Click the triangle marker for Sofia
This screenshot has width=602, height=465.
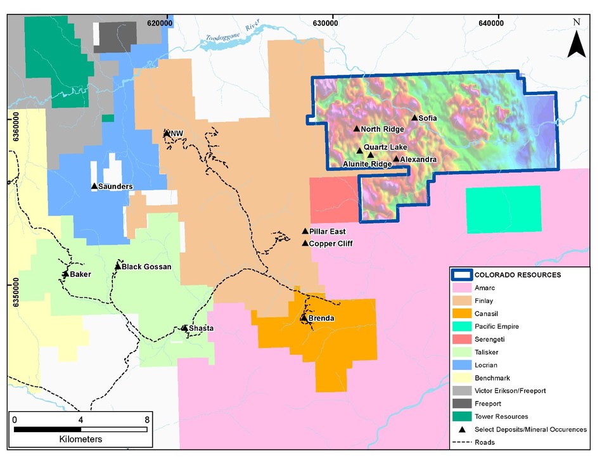[415, 118]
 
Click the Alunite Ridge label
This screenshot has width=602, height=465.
[367, 164]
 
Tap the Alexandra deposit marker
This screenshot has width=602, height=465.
[396, 159]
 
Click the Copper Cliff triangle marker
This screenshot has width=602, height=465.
[305, 243]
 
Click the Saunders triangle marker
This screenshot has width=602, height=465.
[94, 186]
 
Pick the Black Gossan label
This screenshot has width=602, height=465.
[146, 267]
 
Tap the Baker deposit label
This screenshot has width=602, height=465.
[80, 274]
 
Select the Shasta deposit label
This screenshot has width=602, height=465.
[201, 328]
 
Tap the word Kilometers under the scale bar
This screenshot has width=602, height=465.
[80, 438]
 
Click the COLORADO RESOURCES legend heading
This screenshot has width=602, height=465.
[518, 275]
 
